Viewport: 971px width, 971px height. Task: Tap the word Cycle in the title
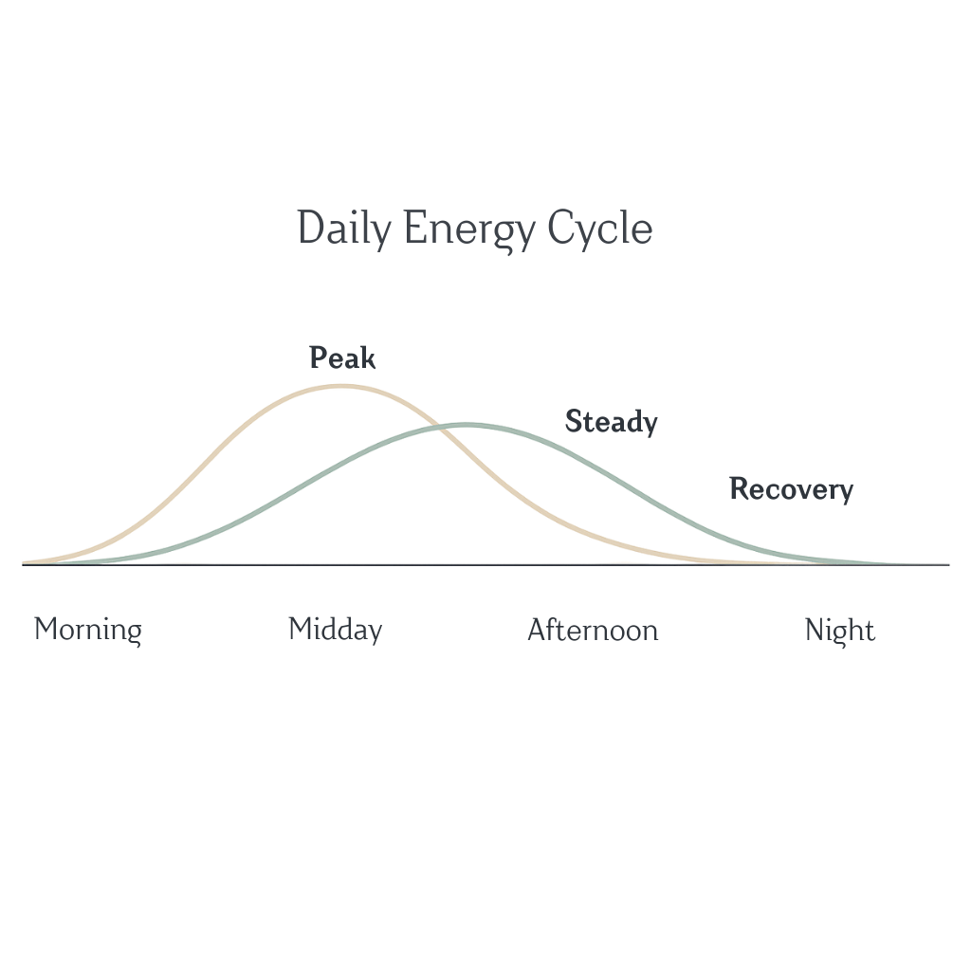click(600, 229)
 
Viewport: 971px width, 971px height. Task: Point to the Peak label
click(342, 358)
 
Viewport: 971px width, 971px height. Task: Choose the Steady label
click(611, 421)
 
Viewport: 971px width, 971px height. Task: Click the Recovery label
click(791, 489)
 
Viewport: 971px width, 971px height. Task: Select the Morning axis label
click(88, 630)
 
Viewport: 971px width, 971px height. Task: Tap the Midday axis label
click(335, 630)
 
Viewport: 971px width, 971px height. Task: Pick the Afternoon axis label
click(593, 630)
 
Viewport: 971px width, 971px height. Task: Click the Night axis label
click(839, 630)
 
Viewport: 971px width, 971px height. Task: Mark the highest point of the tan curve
click(341, 386)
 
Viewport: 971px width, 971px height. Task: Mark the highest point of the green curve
click(466, 424)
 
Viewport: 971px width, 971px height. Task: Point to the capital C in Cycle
click(562, 229)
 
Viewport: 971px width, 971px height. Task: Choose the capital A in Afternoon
click(537, 630)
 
